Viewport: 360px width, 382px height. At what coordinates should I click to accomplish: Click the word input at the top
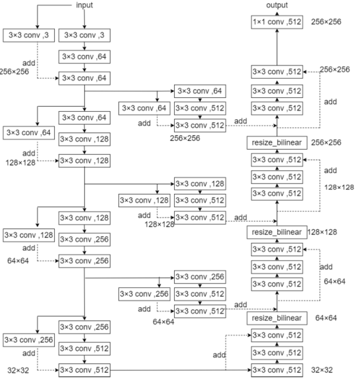pos(85,5)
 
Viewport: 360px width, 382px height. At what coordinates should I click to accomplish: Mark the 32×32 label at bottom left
pos(15,370)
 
